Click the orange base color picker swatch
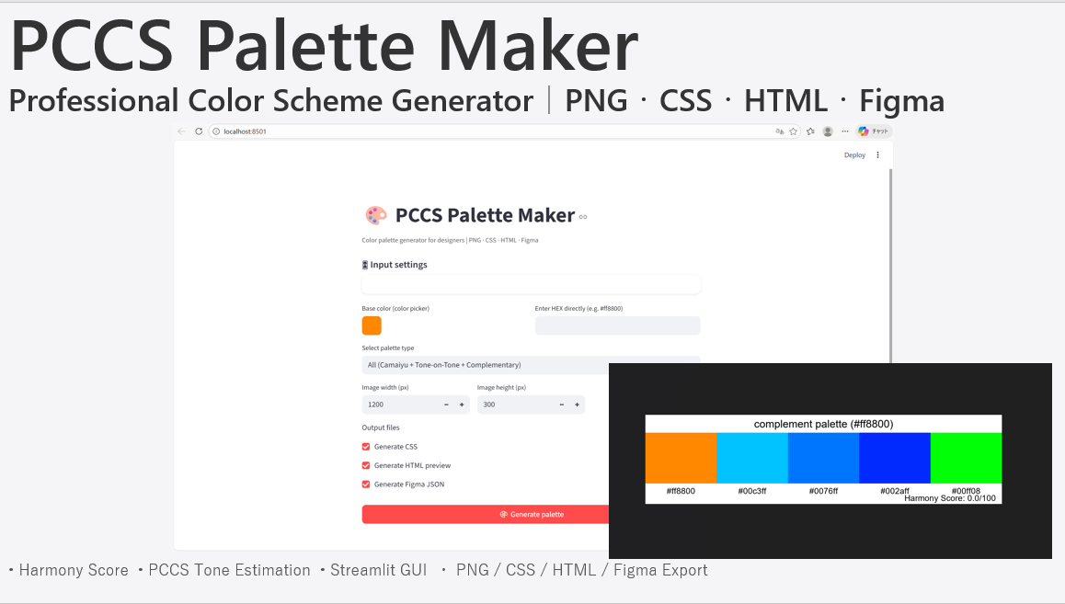coord(372,325)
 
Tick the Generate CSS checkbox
coord(366,447)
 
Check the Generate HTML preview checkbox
coord(366,465)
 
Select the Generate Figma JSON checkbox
coord(366,484)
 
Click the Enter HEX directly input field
coord(617,325)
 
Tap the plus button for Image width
coord(462,405)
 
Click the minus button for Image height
coord(562,405)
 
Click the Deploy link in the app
coord(854,155)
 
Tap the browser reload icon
coord(199,131)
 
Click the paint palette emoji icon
coord(376,216)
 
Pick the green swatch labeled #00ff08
coord(966,457)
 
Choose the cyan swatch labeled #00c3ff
coord(752,457)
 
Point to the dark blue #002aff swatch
coord(894,457)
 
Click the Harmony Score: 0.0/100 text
coord(950,498)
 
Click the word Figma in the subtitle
coord(901,100)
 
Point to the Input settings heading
coord(398,265)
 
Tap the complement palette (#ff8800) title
coord(823,424)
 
